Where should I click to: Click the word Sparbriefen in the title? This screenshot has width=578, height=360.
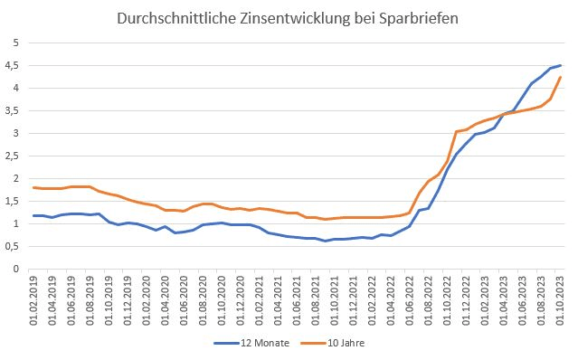click(409, 18)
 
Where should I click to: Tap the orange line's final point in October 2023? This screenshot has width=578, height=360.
click(561, 77)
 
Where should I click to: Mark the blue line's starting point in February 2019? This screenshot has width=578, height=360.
click(33, 215)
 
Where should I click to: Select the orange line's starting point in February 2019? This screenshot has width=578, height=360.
click(33, 187)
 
